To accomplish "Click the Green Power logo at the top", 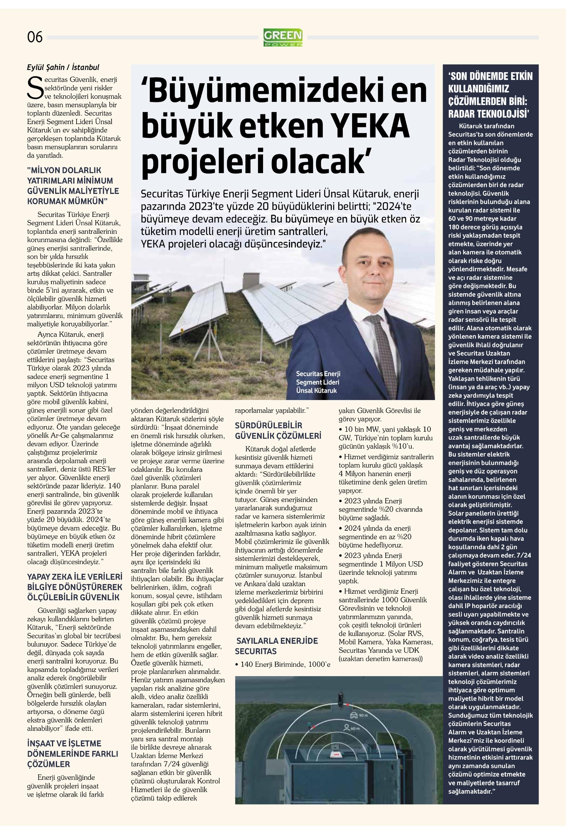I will click(283, 37).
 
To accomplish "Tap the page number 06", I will click(35, 37).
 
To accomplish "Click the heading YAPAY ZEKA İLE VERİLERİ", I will click(75, 577).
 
